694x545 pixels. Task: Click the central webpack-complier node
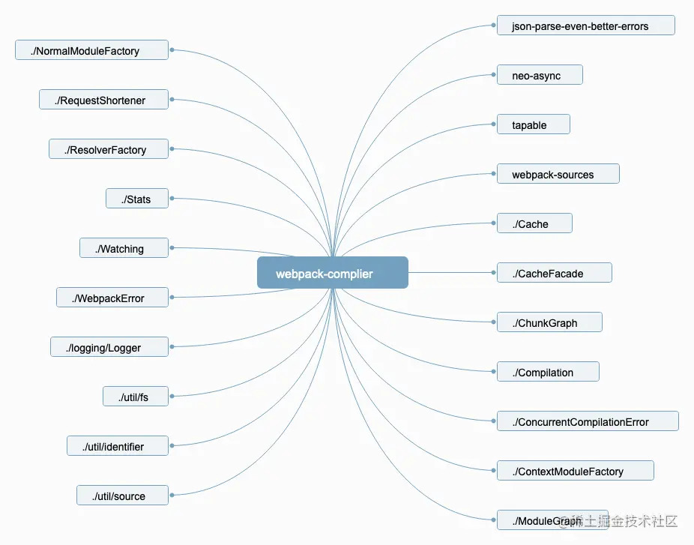(332, 273)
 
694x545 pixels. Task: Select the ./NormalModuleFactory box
(91, 50)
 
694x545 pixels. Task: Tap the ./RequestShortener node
(103, 100)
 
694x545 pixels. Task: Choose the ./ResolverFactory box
(109, 149)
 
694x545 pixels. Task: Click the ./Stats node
(137, 199)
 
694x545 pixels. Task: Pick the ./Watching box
(124, 248)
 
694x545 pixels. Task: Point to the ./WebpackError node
(112, 298)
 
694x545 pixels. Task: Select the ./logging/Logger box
(109, 347)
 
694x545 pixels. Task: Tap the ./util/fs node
(136, 397)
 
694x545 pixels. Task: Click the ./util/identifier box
(117, 446)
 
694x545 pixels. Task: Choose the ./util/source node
(122, 496)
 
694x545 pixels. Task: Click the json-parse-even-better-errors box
(585, 25)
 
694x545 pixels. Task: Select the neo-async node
(540, 75)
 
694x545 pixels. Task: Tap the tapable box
(533, 124)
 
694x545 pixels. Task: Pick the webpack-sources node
(558, 174)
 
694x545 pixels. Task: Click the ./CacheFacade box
(554, 273)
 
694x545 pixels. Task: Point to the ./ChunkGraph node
(549, 322)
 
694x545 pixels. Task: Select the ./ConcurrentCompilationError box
(588, 421)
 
